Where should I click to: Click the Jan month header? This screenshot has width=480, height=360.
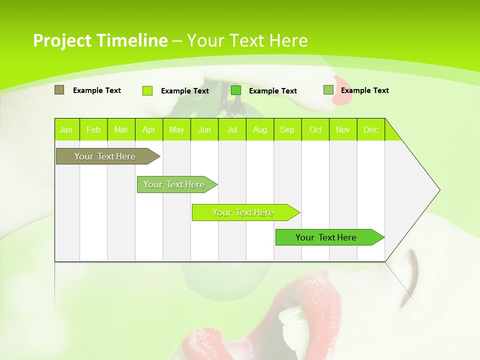pyautogui.click(x=66, y=129)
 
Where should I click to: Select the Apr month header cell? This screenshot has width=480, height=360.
pyautogui.click(x=148, y=129)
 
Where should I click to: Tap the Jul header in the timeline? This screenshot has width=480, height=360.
pyautogui.click(x=232, y=129)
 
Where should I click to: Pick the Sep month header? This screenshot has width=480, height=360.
pyautogui.click(x=287, y=129)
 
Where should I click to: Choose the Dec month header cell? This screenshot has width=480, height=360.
pyautogui.click(x=370, y=129)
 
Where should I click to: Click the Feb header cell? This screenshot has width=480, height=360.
pyautogui.click(x=93, y=129)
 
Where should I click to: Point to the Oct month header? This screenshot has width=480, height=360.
pyautogui.click(x=315, y=129)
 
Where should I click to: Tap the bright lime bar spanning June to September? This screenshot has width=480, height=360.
pyautogui.click(x=243, y=212)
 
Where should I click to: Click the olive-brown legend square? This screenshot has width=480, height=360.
pyautogui.click(x=59, y=90)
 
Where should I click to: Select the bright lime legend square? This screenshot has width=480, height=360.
pyautogui.click(x=147, y=90)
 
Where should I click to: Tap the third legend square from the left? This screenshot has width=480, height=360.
pyautogui.click(x=236, y=90)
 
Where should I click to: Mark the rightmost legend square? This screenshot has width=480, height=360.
pyautogui.click(x=328, y=90)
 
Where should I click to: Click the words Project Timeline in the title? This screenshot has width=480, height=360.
pyautogui.click(x=100, y=40)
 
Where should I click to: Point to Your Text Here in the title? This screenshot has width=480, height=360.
pyautogui.click(x=247, y=40)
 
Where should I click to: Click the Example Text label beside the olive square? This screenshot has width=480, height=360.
pyautogui.click(x=97, y=90)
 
